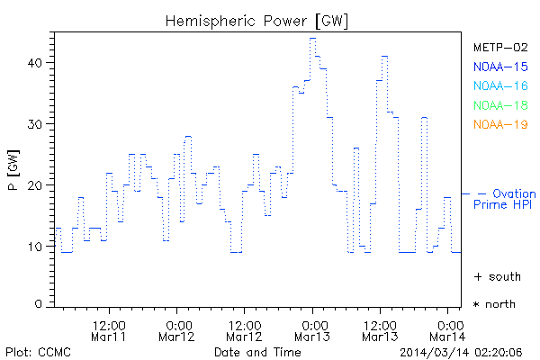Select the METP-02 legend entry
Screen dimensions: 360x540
tap(500, 47)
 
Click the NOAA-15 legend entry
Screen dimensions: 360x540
tap(500, 67)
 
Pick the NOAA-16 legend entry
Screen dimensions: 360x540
tap(500, 85)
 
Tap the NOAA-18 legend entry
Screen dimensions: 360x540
tap(500, 105)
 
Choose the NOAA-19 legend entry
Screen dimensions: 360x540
tap(500, 124)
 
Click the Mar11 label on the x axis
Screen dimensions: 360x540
tap(108, 336)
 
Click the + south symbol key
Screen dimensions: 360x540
tap(496, 275)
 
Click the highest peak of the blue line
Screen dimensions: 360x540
tap(312, 38)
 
